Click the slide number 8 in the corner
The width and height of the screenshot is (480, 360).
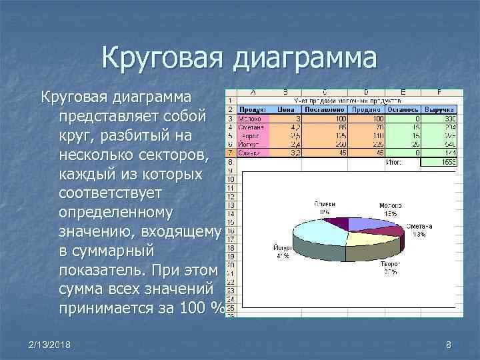click(449, 344)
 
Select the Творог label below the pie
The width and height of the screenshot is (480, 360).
click(390, 265)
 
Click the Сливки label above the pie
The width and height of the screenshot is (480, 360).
click(325, 203)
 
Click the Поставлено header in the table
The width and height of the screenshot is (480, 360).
click(324, 109)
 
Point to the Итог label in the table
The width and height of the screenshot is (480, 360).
click(393, 161)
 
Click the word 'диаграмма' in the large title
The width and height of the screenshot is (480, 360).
click(304, 58)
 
